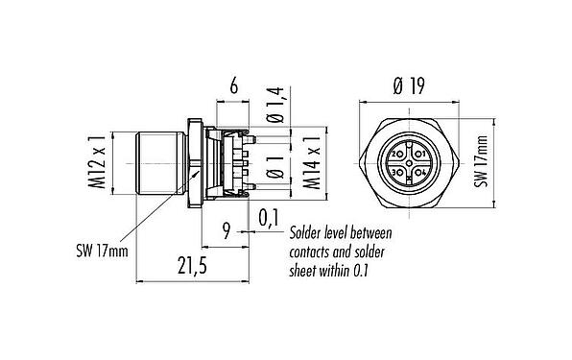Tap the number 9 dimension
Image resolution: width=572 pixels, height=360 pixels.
click(x=226, y=231)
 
